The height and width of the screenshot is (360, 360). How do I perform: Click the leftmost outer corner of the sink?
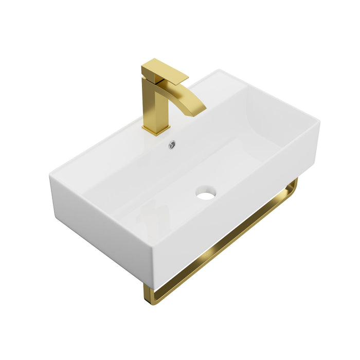click(x=50, y=176)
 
